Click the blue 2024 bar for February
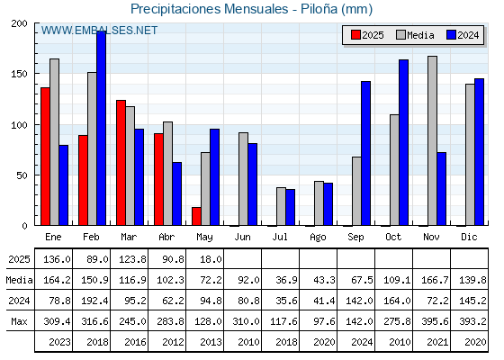101,128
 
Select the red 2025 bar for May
196,216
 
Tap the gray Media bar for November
432,140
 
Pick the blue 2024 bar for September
365,153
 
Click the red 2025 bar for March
121,163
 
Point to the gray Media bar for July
281,206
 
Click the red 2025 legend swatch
355,35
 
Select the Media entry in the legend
415,35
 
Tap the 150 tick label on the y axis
19,74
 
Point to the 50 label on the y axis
22,175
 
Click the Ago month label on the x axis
318,238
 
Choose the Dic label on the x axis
469,237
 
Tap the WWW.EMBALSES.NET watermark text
99,31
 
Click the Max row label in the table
19,321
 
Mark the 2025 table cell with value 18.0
211,259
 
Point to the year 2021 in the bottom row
437,342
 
